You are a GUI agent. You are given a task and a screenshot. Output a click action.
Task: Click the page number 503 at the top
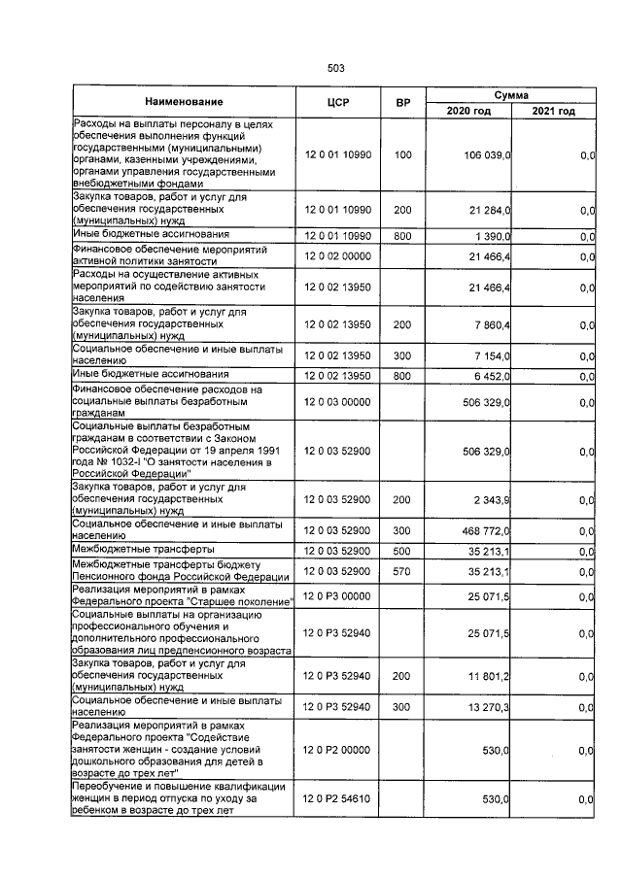point(336,68)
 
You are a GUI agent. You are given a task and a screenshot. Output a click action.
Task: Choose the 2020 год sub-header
point(468,111)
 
